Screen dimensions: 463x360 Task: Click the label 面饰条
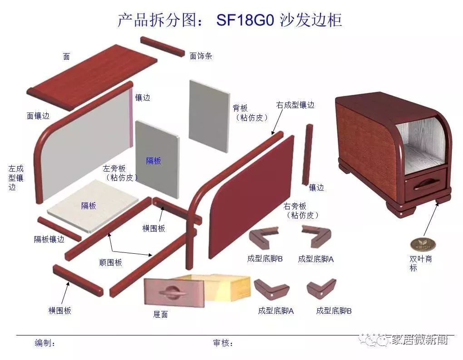(201, 56)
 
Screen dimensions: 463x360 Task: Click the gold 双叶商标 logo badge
(419, 244)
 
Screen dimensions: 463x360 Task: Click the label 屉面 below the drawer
(161, 315)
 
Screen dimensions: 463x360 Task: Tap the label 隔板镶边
(49, 239)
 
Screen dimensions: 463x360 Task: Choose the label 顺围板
(110, 262)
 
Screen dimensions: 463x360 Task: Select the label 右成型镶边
(296, 105)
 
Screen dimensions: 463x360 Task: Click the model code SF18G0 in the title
(245, 20)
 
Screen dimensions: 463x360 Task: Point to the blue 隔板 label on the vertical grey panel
(153, 161)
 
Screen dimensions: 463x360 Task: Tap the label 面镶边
(38, 116)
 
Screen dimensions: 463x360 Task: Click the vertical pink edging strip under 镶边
(131, 118)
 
